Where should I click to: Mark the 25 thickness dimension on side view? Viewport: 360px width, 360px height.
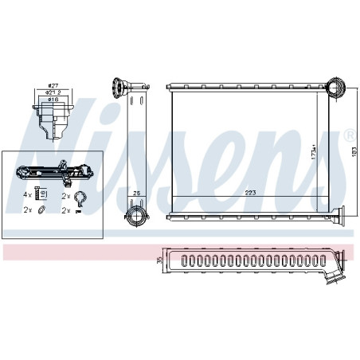[136, 194]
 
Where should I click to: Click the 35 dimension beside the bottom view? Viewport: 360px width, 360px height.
[159, 260]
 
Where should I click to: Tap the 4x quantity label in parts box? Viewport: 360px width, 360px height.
[27, 194]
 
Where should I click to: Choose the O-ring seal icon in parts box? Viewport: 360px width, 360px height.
[41, 210]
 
